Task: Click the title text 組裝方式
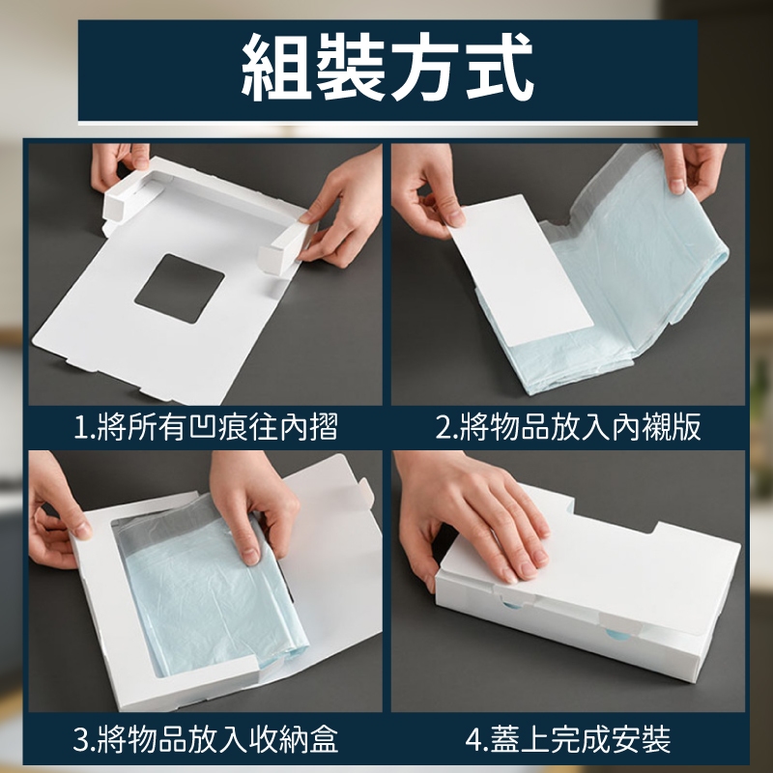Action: [x=387, y=67]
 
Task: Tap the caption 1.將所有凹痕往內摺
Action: [x=206, y=427]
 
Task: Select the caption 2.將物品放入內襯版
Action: [x=568, y=427]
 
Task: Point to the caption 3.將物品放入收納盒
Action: [x=206, y=739]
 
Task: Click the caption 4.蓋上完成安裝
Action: [x=568, y=739]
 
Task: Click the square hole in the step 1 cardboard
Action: [x=180, y=288]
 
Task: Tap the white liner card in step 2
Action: [x=520, y=269]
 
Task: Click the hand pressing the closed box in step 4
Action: [x=473, y=523]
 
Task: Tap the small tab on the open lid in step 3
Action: [x=366, y=493]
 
